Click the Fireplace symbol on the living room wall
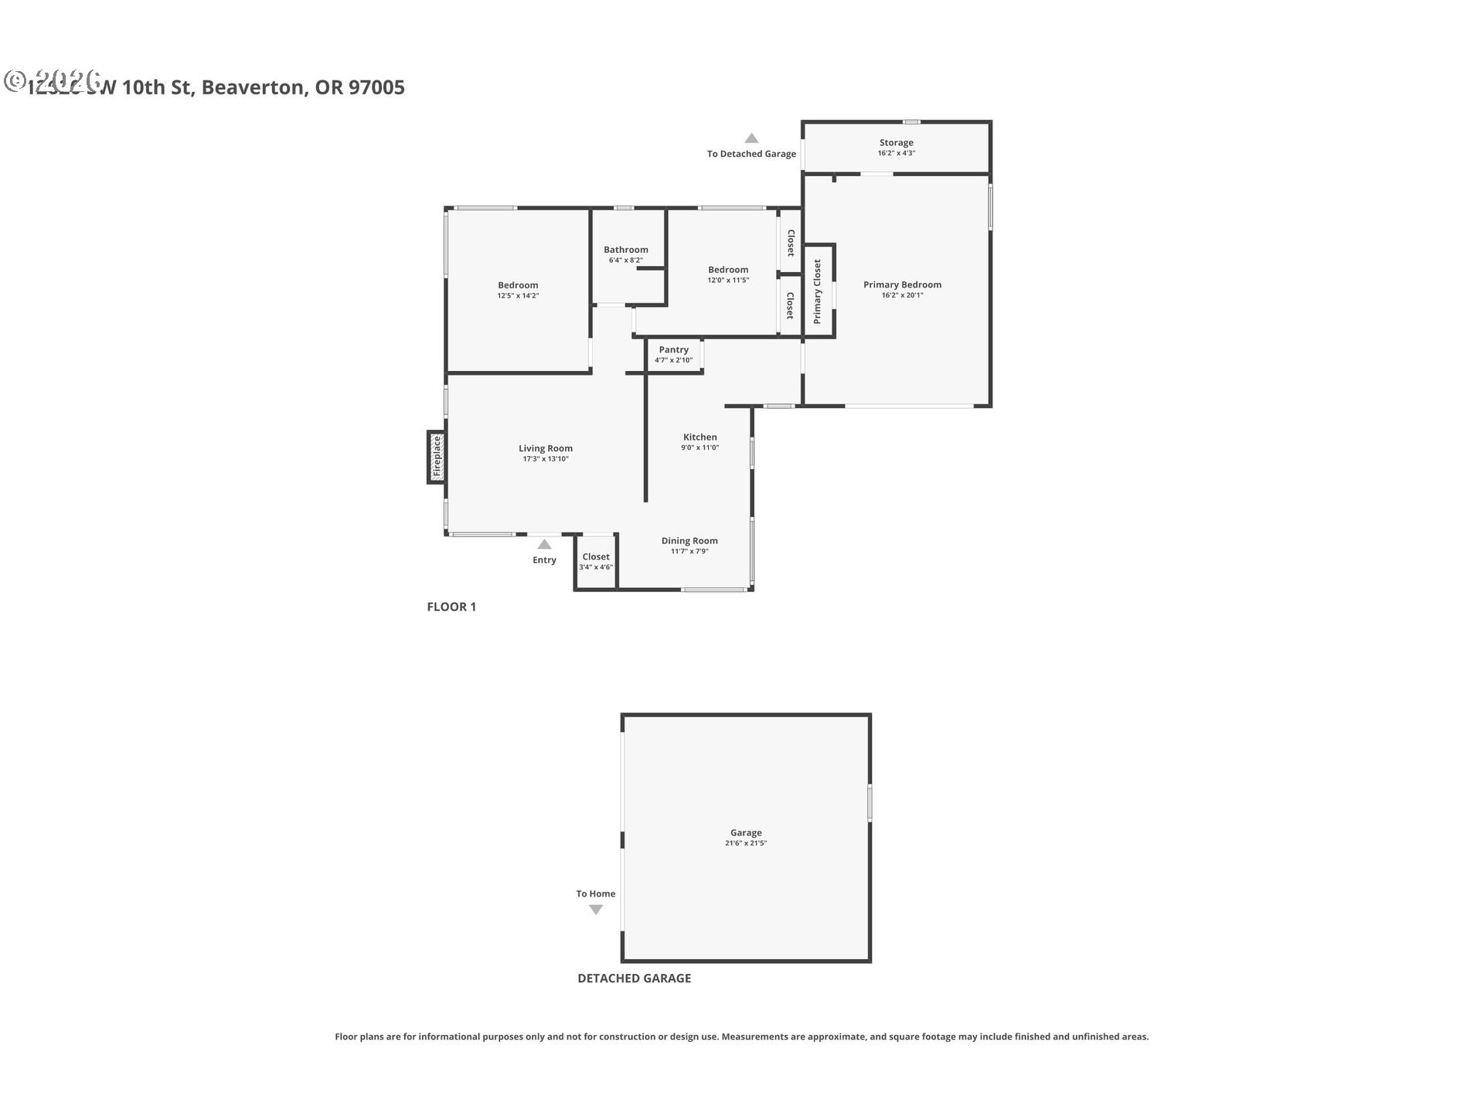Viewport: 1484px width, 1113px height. (x=436, y=457)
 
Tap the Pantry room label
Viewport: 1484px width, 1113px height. (x=673, y=349)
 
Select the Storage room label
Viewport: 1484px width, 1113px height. (x=896, y=142)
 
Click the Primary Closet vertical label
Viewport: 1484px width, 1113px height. (x=817, y=291)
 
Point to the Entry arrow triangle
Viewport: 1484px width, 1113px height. (x=544, y=544)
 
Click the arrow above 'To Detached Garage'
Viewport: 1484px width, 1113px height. (x=751, y=138)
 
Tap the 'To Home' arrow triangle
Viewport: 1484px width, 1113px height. (x=595, y=910)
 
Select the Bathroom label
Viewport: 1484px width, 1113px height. (x=625, y=250)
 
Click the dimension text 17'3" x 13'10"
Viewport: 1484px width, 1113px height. (x=545, y=459)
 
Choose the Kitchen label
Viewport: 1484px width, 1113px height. (x=699, y=437)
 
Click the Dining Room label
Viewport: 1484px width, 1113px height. (x=689, y=541)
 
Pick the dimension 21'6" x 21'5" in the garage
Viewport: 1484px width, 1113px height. (x=745, y=843)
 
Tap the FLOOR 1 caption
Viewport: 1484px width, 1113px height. (x=451, y=607)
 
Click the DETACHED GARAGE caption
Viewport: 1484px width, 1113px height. (x=634, y=978)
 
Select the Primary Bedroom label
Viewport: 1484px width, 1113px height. (x=902, y=284)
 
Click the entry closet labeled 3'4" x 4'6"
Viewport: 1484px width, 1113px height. (x=595, y=562)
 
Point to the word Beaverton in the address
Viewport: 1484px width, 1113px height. (x=253, y=87)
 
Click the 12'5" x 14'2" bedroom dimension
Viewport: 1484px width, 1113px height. (x=517, y=296)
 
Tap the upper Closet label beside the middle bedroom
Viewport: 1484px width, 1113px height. (x=790, y=243)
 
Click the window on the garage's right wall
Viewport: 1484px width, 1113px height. (x=870, y=802)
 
